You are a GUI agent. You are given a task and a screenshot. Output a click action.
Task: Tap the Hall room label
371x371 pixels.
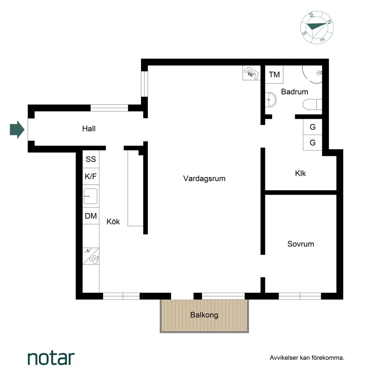(89, 129)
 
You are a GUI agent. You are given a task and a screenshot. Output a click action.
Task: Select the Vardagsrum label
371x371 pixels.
(204, 178)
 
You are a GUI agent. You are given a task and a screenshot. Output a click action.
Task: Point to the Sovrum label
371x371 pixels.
(301, 244)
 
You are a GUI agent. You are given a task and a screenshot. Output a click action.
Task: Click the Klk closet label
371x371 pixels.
(300, 173)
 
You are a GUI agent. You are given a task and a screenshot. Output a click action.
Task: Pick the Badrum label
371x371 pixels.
(295, 92)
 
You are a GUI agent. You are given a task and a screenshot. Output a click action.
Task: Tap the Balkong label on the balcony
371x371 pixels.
(204, 315)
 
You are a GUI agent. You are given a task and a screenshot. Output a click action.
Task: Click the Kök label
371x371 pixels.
(113, 222)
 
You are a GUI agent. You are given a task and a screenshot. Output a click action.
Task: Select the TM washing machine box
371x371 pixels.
(274, 75)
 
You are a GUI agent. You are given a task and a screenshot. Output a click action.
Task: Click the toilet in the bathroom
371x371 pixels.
(312, 104)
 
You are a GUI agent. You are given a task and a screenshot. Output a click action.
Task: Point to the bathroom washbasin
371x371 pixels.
(271, 100)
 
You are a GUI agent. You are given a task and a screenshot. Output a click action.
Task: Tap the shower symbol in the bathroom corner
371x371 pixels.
(313, 74)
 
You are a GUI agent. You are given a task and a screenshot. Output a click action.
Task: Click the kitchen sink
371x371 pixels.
(90, 196)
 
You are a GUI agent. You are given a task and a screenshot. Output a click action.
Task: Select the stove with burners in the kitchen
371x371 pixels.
(91, 256)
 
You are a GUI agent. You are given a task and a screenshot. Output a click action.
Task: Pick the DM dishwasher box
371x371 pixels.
(91, 216)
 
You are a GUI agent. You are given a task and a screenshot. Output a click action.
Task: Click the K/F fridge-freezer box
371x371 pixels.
(91, 176)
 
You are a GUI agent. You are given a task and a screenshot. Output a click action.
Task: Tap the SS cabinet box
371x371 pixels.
(91, 159)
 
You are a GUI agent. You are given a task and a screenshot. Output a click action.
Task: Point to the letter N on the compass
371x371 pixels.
(329, 22)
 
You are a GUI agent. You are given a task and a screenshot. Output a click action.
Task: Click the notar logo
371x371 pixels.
(51, 358)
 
